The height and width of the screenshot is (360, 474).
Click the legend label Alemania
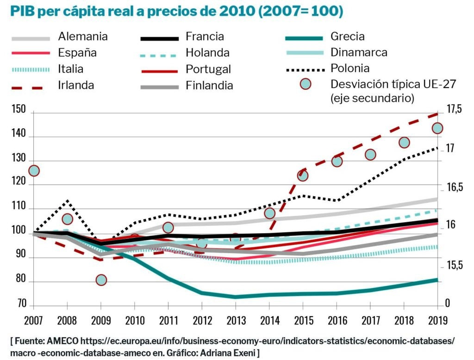click(x=83, y=37)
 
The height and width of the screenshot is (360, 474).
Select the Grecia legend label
click(x=348, y=37)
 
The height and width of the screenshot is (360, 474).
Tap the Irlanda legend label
click(x=76, y=85)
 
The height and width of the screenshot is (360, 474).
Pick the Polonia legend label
click(x=350, y=68)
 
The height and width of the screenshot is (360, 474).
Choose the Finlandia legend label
click(x=209, y=86)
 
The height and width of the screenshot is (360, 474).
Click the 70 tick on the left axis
click(x=22, y=304)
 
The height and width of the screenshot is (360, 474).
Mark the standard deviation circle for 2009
click(x=101, y=280)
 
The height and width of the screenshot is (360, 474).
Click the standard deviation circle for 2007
click(x=34, y=171)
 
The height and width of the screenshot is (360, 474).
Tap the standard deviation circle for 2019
click(x=437, y=128)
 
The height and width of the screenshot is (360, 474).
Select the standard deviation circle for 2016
click(x=337, y=161)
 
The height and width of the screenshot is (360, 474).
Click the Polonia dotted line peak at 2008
click(x=68, y=201)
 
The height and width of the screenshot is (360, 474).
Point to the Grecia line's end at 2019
click(x=437, y=279)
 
